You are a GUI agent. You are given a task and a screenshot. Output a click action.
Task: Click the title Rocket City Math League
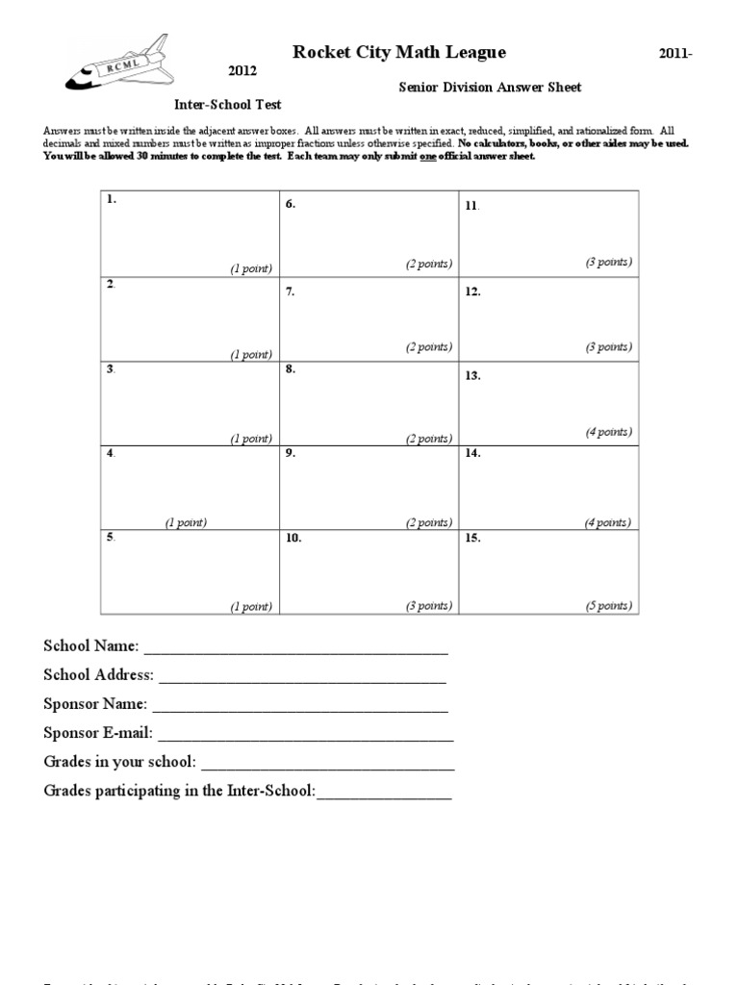pos(397,52)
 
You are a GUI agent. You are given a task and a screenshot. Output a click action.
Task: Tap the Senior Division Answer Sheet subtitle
pos(490,88)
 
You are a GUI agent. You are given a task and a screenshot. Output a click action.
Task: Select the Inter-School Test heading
pos(227,104)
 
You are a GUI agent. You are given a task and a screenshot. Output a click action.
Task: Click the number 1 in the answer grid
pos(112,199)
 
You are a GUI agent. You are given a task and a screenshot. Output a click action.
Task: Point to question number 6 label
pos(290,204)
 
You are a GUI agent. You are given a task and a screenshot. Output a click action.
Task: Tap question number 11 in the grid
pos(471,205)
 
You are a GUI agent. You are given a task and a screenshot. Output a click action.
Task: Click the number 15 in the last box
pos(472,539)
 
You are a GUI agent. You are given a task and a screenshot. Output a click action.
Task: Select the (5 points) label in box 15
pos(608,606)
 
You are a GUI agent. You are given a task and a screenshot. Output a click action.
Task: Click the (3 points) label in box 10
pos(428,606)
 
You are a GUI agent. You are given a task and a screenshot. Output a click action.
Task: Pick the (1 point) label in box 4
pos(185,522)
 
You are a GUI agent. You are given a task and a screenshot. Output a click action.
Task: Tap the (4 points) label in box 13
pos(608,432)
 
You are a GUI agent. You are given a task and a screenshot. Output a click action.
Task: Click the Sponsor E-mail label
pos(98,733)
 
